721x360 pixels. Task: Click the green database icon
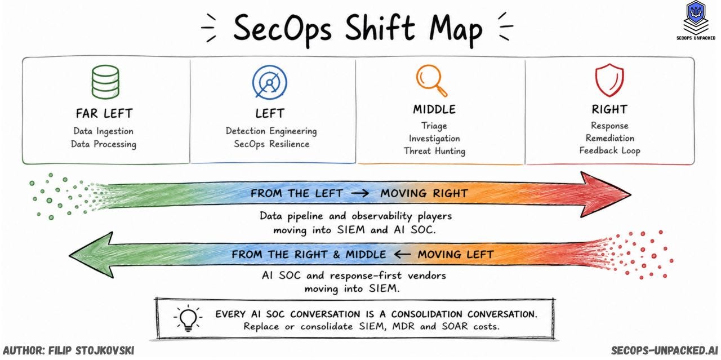105,82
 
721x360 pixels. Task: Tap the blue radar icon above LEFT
269,82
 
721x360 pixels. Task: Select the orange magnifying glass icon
431,81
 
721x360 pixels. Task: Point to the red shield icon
609,80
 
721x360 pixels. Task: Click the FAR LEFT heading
104,113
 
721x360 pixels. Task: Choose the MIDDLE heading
434,109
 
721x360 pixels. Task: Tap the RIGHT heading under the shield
609,109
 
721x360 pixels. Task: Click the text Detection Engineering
271,131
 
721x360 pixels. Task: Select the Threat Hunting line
434,151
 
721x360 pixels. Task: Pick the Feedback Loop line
609,150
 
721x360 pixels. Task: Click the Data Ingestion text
103,131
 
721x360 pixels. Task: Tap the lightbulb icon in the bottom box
188,319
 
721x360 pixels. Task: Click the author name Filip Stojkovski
91,350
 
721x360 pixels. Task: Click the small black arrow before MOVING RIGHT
360,193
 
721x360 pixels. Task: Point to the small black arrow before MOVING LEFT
402,255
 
